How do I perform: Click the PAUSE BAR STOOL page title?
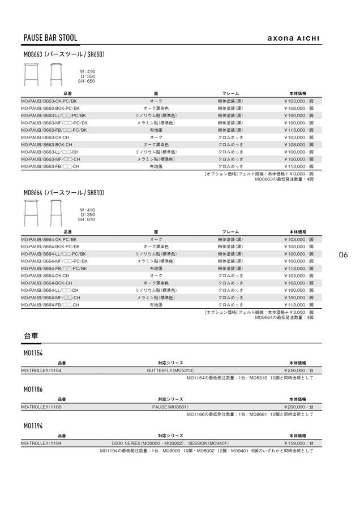50,38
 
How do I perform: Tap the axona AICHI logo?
293,38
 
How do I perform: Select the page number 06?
343,255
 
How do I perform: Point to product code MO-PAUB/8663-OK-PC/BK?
49,101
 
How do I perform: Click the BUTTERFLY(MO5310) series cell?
170,370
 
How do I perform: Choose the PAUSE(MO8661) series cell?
170,407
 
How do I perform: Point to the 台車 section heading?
31,335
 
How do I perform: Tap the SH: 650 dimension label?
87,81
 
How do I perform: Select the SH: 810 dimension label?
87,219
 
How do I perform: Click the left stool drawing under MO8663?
31,74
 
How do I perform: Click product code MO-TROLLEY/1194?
41,443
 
